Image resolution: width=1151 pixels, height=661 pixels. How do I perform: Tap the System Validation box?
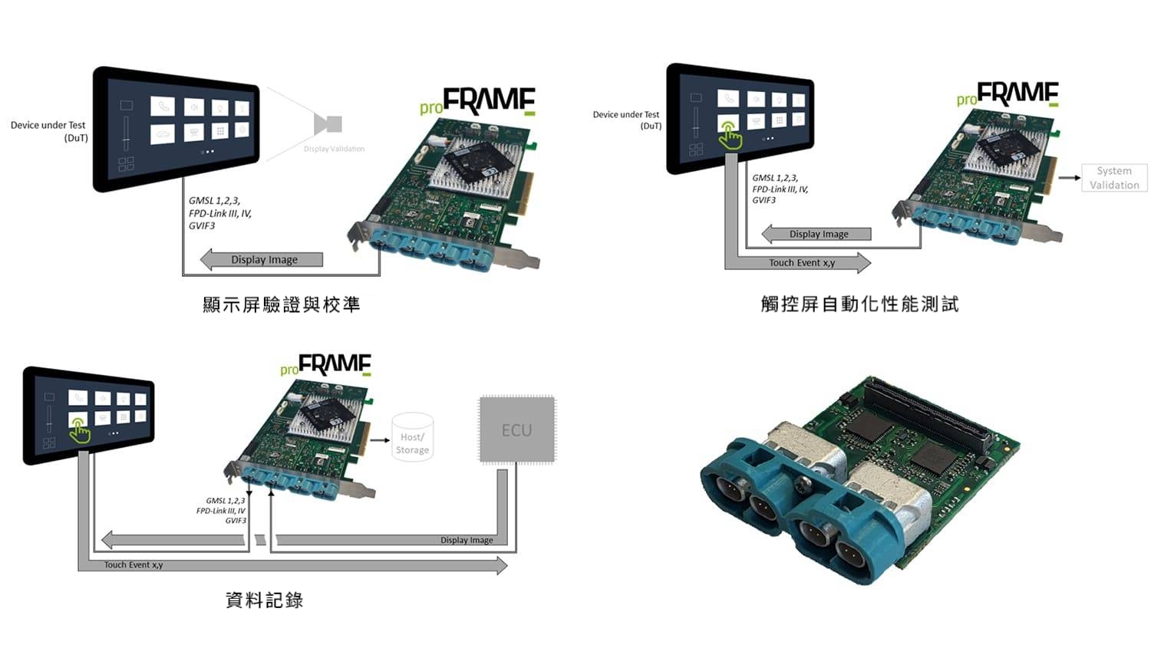(x=1114, y=178)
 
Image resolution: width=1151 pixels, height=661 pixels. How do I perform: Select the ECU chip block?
(x=516, y=429)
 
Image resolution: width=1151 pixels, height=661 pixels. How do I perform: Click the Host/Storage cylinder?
(x=412, y=438)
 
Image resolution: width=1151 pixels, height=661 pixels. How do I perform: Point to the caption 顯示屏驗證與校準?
(x=281, y=304)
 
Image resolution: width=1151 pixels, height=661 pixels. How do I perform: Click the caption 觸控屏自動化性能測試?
(x=859, y=304)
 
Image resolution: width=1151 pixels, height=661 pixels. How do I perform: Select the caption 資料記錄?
(x=265, y=600)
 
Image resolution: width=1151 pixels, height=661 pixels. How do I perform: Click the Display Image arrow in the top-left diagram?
(x=262, y=260)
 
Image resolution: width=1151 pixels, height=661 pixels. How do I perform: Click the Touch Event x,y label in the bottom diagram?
(x=134, y=565)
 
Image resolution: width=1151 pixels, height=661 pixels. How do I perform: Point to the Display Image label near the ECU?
(x=467, y=540)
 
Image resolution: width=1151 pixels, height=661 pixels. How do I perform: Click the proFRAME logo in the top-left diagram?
(x=478, y=101)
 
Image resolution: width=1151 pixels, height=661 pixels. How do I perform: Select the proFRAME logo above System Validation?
(x=1008, y=94)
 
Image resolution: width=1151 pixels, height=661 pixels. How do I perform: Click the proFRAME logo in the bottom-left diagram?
(x=326, y=365)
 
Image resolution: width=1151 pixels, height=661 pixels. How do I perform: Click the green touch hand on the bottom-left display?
(x=79, y=431)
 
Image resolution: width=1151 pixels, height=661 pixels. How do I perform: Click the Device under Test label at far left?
(x=48, y=131)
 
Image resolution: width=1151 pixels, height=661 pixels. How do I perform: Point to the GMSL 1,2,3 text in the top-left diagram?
(x=215, y=201)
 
